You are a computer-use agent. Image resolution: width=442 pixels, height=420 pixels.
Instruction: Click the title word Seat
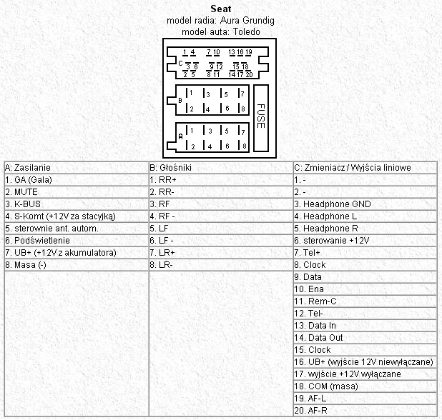[220, 9]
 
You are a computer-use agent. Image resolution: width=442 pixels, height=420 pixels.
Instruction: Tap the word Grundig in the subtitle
[257, 21]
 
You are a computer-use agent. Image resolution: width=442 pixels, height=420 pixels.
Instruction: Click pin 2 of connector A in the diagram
[192, 146]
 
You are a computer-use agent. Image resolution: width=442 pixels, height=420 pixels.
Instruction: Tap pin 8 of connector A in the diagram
[243, 146]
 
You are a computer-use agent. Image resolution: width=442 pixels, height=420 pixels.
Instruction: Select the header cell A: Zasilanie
[27, 167]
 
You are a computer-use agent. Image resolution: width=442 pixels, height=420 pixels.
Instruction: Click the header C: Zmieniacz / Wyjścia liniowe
[352, 167]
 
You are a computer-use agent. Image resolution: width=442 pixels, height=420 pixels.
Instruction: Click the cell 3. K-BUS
[24, 204]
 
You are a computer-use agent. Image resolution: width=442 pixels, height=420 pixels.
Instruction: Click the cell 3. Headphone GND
[333, 204]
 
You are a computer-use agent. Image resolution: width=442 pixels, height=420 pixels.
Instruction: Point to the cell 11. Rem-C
[315, 301]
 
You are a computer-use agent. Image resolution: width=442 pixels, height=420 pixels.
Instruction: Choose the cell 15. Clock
[312, 349]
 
